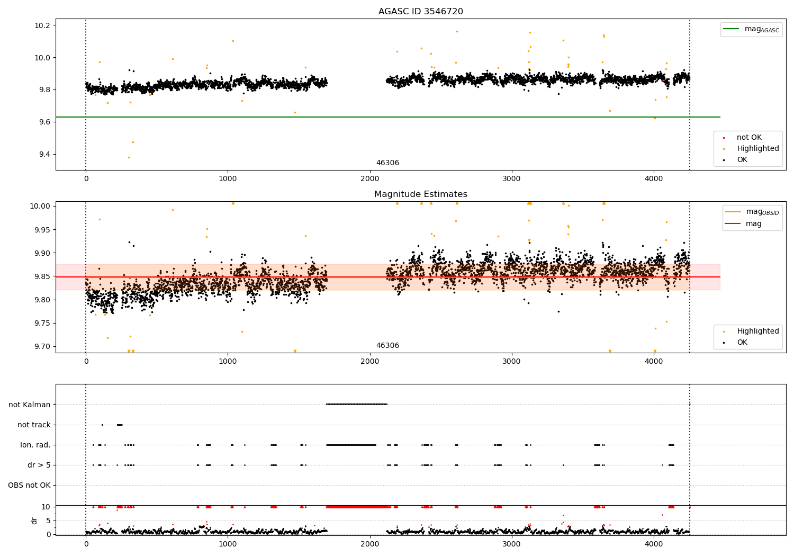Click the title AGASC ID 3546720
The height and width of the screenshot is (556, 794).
point(420,12)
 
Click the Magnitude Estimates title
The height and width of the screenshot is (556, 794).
point(420,194)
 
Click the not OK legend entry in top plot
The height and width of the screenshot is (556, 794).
point(748,138)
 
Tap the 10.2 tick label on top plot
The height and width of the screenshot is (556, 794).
point(42,25)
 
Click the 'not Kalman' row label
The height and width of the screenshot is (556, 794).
point(30,405)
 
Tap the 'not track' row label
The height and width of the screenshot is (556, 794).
point(34,425)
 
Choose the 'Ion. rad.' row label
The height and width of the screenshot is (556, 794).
point(35,445)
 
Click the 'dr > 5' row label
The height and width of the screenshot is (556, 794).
point(39,465)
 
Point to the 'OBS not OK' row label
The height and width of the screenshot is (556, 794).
point(29,485)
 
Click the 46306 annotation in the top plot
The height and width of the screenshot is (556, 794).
point(387,163)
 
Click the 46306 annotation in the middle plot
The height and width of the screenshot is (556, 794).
point(387,346)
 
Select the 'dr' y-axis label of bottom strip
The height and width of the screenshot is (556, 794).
point(34,521)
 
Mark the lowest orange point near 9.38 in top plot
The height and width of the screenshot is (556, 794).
point(129,157)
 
